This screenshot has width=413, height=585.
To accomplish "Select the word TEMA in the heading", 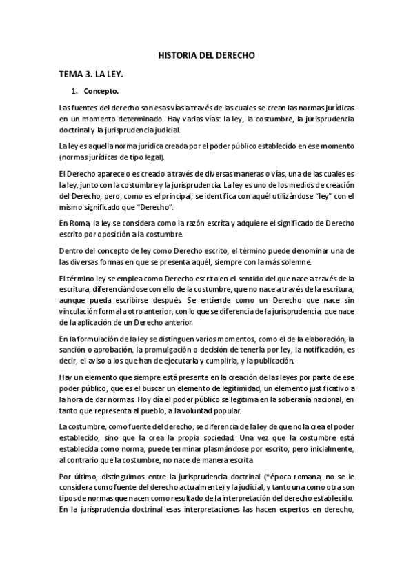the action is coord(72,73).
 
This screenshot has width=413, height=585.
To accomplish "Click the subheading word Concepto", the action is coord(101,91).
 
